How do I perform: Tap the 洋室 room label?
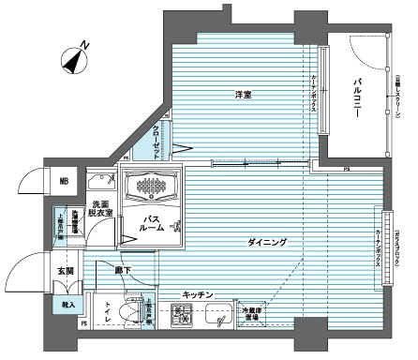coord(246,94)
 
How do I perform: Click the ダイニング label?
coord(267,243)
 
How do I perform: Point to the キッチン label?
coord(199,295)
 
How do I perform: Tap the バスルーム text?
coord(154,224)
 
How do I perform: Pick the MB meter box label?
coord(65,182)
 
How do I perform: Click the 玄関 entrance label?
coord(67,271)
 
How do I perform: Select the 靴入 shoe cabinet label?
coord(67,305)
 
